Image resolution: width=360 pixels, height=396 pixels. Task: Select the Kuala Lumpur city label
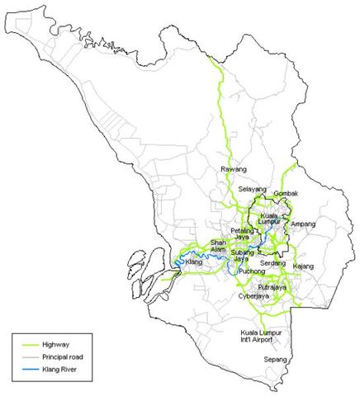(273, 219)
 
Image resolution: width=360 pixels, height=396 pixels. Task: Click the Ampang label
(304, 224)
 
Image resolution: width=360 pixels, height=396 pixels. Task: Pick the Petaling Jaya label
(240, 233)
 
